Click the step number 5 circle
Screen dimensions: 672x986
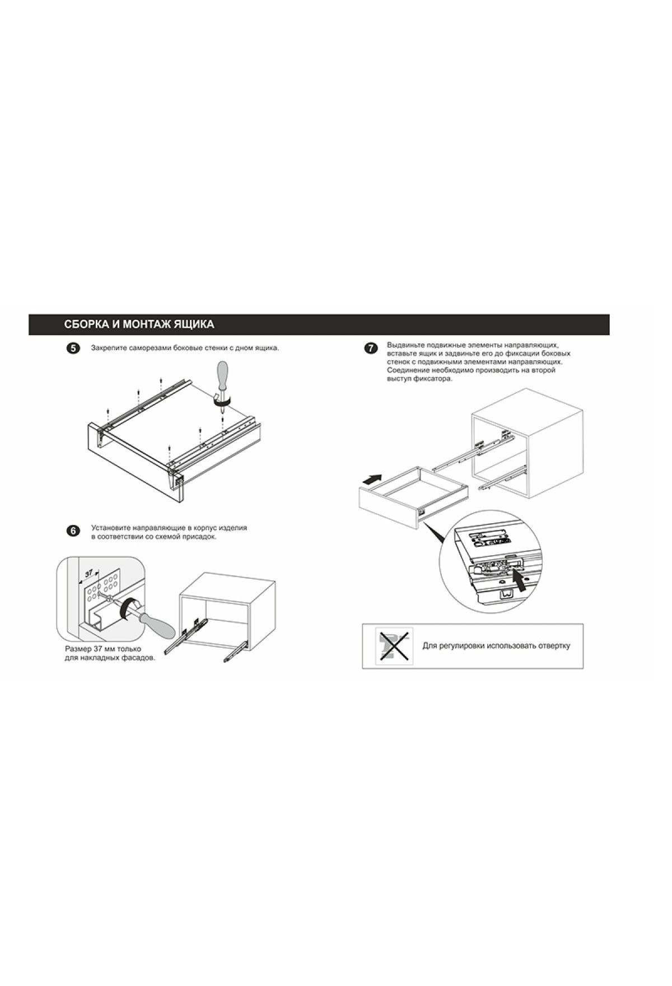pyautogui.click(x=73, y=349)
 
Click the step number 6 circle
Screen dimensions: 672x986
pyautogui.click(x=73, y=531)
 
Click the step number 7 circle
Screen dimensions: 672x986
pyautogui.click(x=371, y=349)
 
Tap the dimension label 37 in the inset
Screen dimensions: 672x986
pyautogui.click(x=89, y=574)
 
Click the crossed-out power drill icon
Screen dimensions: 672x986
pyautogui.click(x=394, y=646)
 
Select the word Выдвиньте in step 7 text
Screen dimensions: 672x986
pyautogui.click(x=405, y=345)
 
